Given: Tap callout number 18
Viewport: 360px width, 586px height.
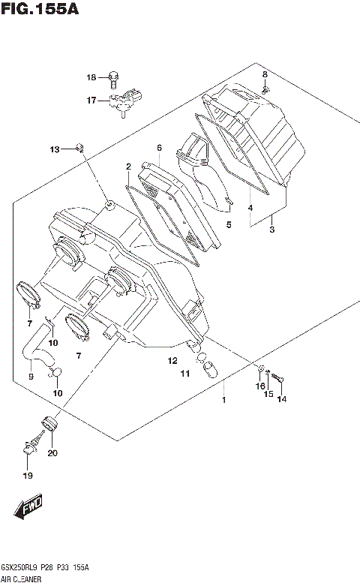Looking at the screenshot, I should [91, 77].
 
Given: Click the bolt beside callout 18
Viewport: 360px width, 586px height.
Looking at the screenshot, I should [113, 77].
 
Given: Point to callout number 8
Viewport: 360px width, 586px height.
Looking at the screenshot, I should [265, 74].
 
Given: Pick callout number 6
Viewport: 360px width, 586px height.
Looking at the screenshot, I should [159, 147].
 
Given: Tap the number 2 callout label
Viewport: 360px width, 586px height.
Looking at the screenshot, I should [128, 166].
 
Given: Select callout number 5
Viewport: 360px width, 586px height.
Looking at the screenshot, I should [229, 224].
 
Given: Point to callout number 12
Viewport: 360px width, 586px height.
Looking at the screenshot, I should [172, 361].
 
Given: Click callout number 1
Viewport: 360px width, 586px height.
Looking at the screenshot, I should [222, 400].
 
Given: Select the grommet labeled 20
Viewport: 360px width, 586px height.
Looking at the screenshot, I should [50, 423].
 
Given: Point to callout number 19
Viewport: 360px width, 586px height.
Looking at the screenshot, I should [27, 476].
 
